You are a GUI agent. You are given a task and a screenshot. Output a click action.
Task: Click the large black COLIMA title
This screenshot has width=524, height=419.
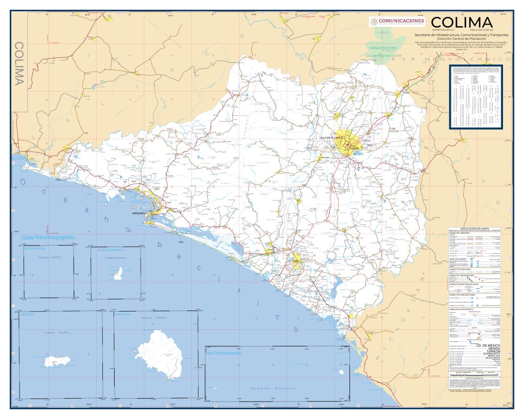(x=462, y=23)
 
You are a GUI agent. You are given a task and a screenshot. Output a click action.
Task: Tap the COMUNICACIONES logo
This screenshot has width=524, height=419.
(x=397, y=21)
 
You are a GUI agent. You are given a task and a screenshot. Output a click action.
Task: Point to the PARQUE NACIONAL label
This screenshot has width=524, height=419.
(x=383, y=48)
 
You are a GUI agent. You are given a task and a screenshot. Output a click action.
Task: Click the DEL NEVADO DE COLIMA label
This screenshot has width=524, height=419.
(x=387, y=55)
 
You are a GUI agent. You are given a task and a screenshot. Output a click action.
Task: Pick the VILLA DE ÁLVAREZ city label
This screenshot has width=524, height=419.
(x=330, y=138)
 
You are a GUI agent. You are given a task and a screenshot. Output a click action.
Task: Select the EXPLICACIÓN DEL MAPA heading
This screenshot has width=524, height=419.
(x=474, y=228)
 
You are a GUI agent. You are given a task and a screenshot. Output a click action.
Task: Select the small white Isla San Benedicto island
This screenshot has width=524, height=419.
(x=118, y=274)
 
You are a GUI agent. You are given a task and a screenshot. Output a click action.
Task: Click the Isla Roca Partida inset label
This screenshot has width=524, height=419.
(x=35, y=249)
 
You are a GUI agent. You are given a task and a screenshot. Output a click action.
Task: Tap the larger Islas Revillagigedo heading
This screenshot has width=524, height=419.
(x=48, y=238)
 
